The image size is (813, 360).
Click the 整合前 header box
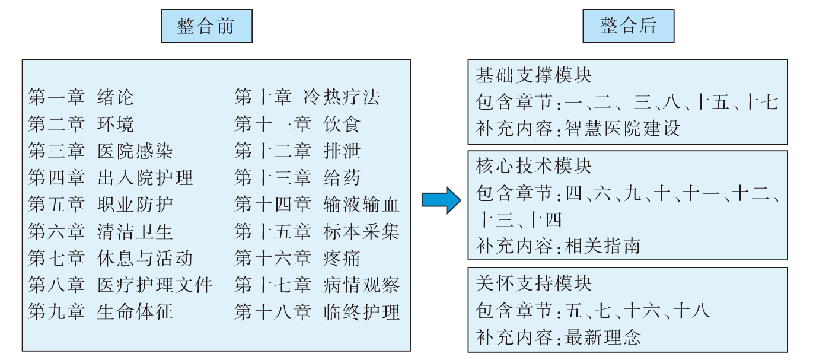pyautogui.click(x=206, y=26)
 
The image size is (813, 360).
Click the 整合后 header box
pyautogui.click(x=628, y=26)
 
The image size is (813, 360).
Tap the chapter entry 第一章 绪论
pyautogui.click(x=81, y=97)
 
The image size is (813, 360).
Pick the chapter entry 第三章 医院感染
pyautogui.click(x=100, y=151)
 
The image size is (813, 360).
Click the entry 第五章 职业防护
pyautogui.click(x=100, y=205)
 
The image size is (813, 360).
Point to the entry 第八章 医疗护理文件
pyautogui.click(x=120, y=285)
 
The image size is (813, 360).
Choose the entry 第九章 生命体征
pyautogui.click(x=100, y=312)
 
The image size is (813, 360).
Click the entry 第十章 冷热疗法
pyautogui.click(x=307, y=97)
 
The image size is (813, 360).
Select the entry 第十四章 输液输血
pyautogui.click(x=317, y=205)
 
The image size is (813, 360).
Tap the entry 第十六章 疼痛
pyautogui.click(x=297, y=259)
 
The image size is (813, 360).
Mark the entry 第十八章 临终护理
pyautogui.click(x=317, y=312)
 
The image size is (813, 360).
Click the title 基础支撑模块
pyautogui.click(x=534, y=75)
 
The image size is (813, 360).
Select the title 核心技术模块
pyautogui.click(x=534, y=166)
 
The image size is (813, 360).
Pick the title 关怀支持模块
pyautogui.click(x=534, y=283)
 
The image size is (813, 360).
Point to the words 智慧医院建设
pyautogui.click(x=623, y=129)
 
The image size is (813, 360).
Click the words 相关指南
pyautogui.click(x=603, y=246)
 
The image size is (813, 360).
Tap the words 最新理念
pyautogui.click(x=603, y=337)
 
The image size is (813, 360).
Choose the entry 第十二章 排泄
pyautogui.click(x=297, y=151)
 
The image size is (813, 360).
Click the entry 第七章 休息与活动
pyautogui.click(x=110, y=259)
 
